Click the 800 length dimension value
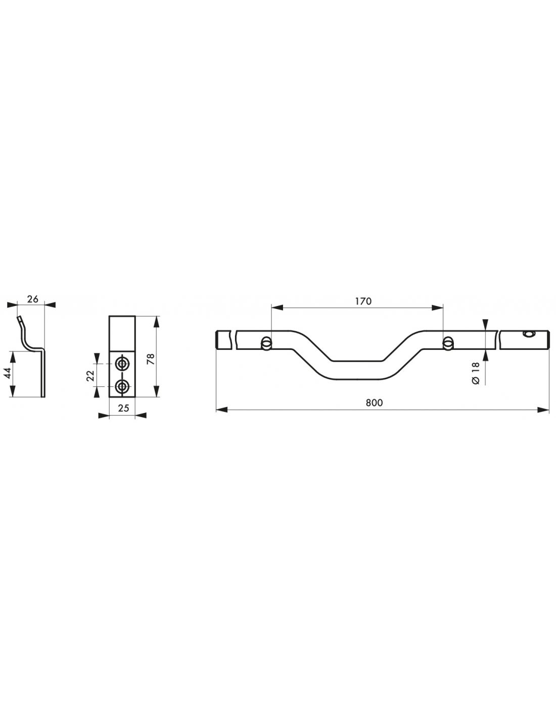374,403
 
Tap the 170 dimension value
363,301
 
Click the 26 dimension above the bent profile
32,299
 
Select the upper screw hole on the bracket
122,363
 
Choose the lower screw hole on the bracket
122,387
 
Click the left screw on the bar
266,344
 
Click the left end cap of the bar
218,339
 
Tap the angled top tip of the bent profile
20,319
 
